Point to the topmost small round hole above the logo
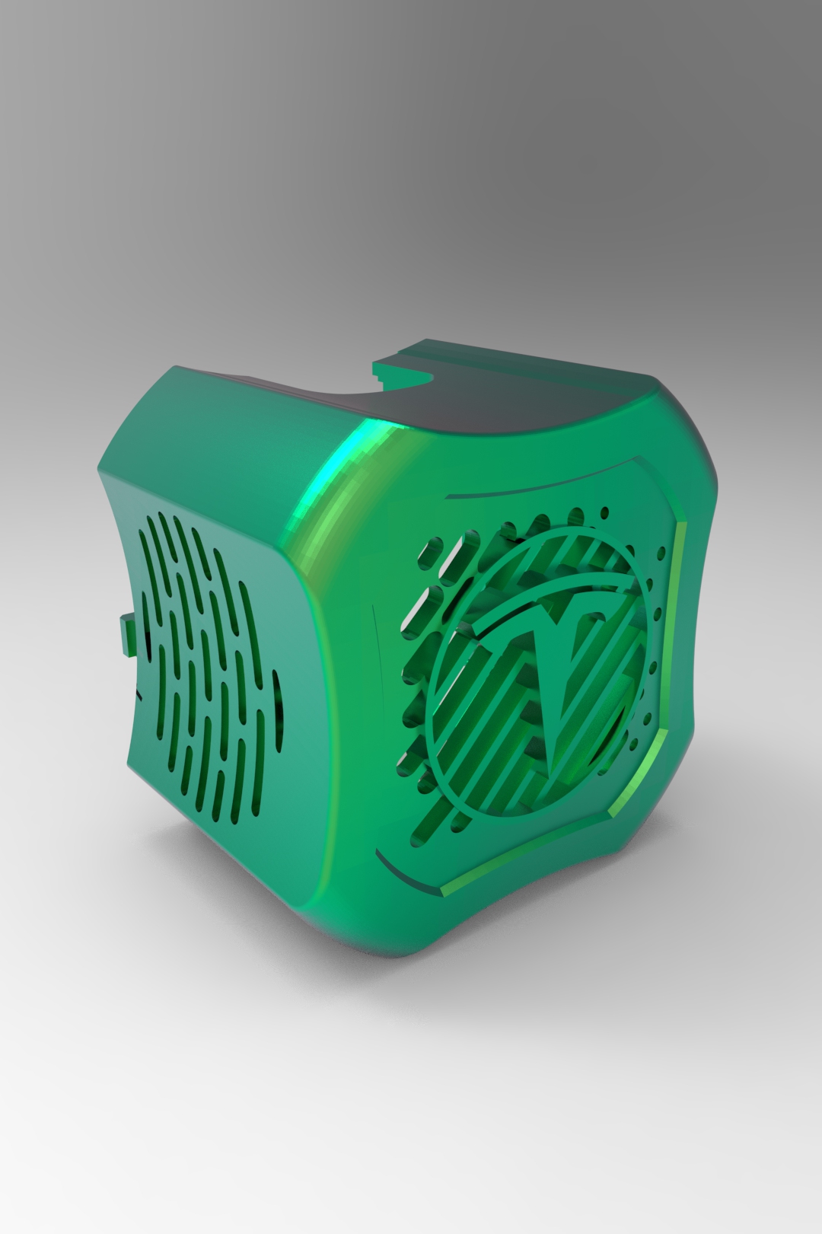pos(605,512)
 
